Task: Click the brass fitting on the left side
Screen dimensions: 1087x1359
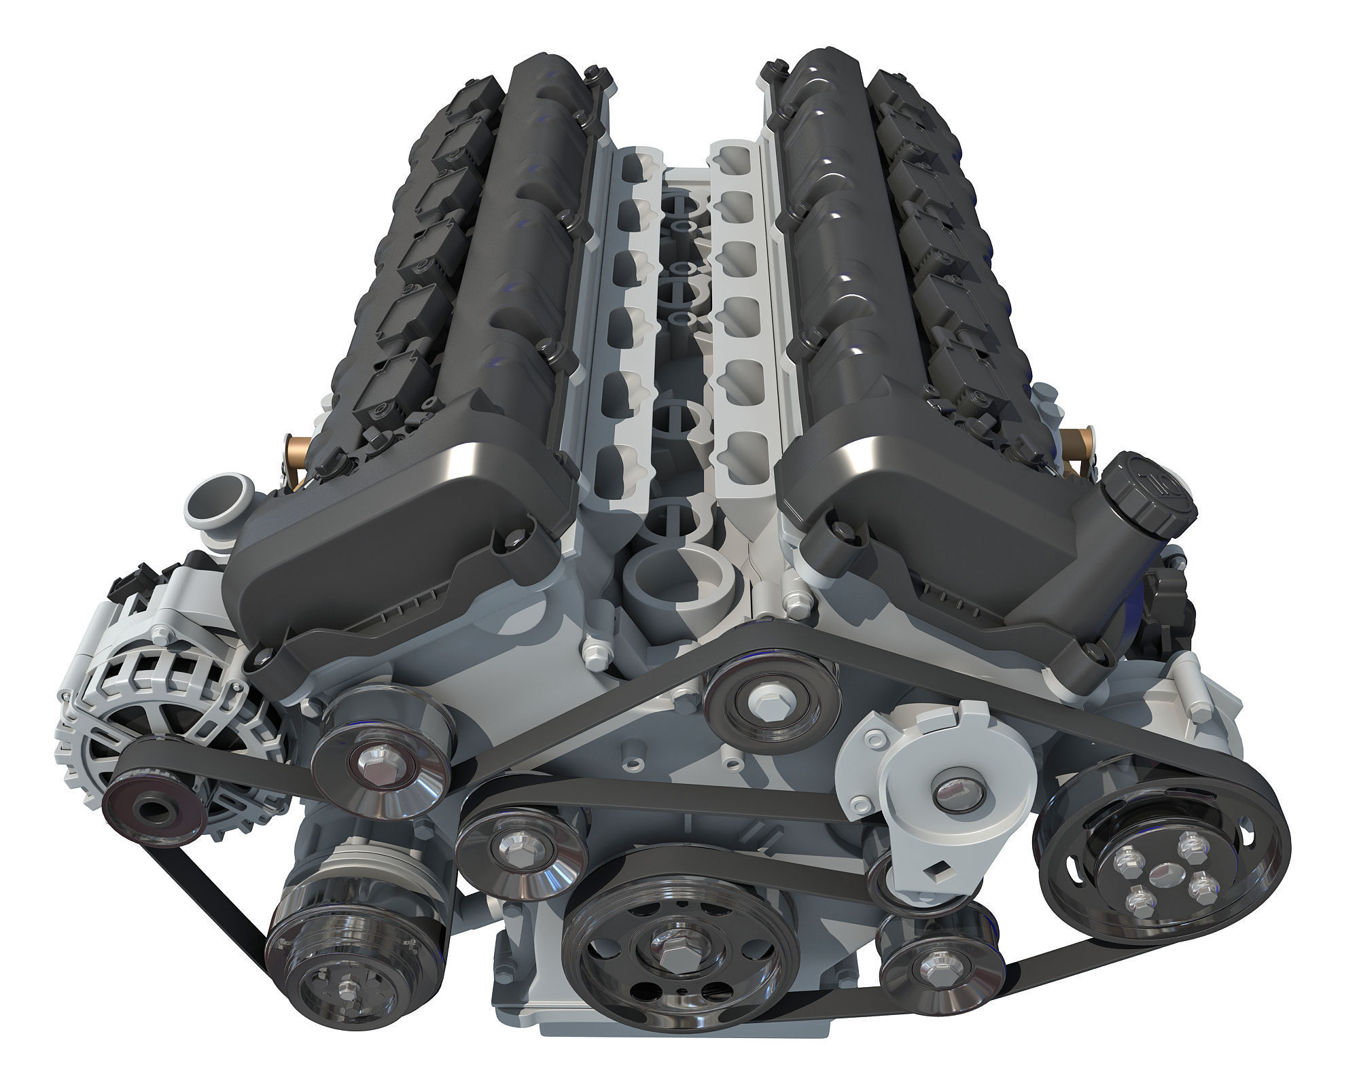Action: pos(298,452)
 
